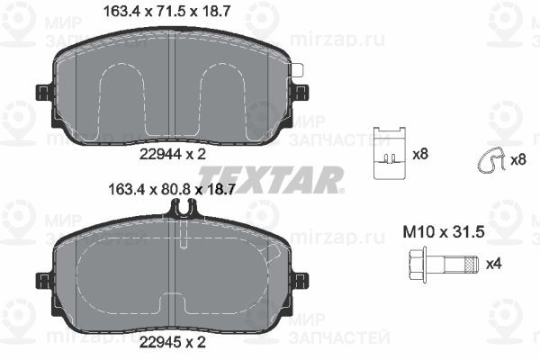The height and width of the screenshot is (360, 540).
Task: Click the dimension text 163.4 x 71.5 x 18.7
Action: pyautogui.click(x=166, y=12)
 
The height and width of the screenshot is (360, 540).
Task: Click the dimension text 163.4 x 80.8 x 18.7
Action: pyautogui.click(x=172, y=189)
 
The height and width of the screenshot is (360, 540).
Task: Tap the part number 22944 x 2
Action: pyautogui.click(x=173, y=154)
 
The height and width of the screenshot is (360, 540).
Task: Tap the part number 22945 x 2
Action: pyautogui.click(x=173, y=342)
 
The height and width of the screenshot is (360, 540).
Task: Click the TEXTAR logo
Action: pyautogui.click(x=271, y=179)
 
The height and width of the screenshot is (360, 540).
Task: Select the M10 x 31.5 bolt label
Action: pyautogui.click(x=444, y=232)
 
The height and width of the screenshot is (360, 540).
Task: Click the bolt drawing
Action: pyautogui.click(x=443, y=265)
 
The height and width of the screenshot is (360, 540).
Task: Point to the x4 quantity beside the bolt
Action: pyautogui.click(x=493, y=264)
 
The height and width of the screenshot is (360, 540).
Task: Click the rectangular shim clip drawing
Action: pyautogui.click(x=390, y=153)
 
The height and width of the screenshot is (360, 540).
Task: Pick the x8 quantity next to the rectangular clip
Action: pyautogui.click(x=420, y=154)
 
